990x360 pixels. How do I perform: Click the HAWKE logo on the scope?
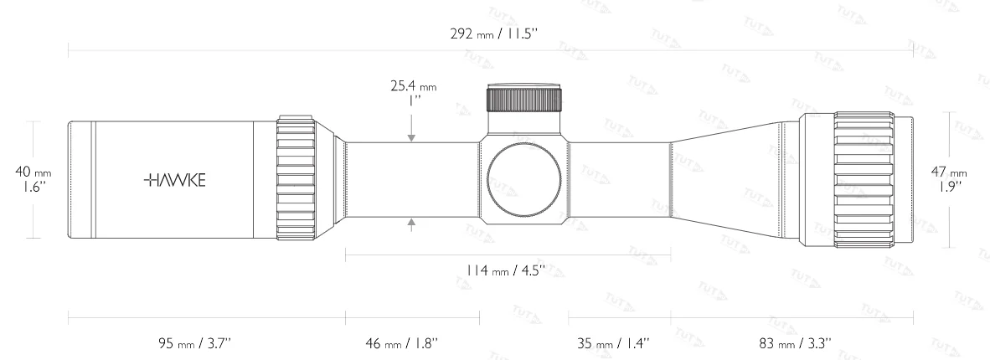[177, 179]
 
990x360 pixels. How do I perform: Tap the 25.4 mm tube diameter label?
[413, 92]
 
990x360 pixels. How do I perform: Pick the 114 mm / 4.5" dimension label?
[506, 270]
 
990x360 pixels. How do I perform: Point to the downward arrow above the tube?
[412, 135]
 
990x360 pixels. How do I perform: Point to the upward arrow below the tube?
[412, 224]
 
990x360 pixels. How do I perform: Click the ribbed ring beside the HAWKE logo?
[295, 179]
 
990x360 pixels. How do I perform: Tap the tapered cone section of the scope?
[729, 179]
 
